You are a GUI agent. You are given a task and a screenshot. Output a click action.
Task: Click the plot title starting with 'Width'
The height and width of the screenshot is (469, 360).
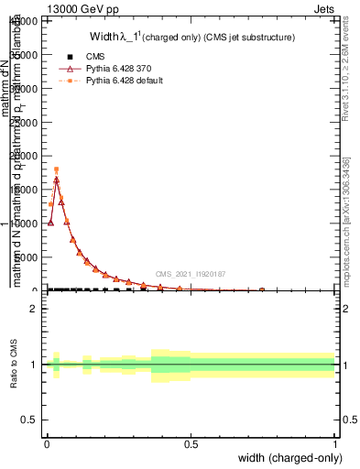[x=191, y=38]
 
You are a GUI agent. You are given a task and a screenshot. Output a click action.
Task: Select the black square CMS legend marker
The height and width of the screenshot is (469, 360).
[x=69, y=56]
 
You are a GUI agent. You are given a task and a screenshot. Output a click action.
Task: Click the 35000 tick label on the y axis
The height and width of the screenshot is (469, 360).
[x=26, y=55]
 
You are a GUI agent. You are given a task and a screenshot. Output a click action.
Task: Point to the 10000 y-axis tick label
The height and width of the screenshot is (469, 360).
[x=26, y=223]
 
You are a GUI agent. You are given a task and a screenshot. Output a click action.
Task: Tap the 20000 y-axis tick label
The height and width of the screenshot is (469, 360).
[x=26, y=156]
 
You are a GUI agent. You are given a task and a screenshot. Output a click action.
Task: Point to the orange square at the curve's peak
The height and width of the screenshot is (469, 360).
[x=56, y=169]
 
